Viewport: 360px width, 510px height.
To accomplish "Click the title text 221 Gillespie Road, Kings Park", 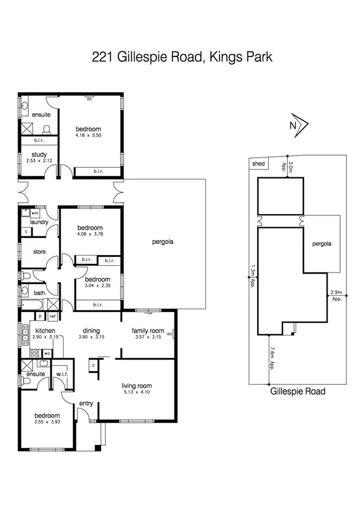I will pos(180,57).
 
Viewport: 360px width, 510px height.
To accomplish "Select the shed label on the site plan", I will pos(258,164).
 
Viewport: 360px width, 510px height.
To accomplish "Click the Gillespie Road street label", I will pos(297,392).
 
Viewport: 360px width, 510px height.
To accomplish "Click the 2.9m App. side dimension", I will pos(337,295).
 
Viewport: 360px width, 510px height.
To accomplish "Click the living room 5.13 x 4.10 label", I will pos(136,389).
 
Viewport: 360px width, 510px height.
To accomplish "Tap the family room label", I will pos(148,334).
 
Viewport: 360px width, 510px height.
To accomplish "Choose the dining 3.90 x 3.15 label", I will pos(92,334).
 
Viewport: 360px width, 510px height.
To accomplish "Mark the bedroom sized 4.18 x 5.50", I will pos(88,132).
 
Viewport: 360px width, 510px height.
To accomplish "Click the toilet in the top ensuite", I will pos(46,129).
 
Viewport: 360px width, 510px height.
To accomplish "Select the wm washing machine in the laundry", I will pos(35,213).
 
